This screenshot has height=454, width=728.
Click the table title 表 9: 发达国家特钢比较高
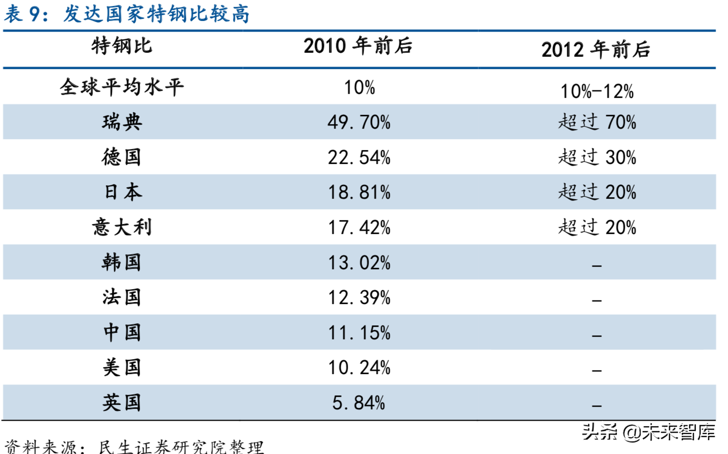pos(127,13)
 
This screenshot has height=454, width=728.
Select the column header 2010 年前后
pos(358,46)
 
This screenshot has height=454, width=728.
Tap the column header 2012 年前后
pos(595,50)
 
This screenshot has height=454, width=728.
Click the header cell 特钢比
pos(122,46)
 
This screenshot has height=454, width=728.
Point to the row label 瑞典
pos(122,122)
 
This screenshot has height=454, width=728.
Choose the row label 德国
pos(122,157)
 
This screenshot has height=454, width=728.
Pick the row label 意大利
pos(122,227)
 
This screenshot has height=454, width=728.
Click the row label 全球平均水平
pos(122,87)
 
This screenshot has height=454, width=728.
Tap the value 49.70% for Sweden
pos(359,122)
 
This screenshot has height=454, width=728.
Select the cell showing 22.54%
pos(359,157)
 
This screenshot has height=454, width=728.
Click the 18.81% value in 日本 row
pos(359,192)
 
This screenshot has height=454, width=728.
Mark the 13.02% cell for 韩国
pos(359,263)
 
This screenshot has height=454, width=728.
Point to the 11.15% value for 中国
pos(359,333)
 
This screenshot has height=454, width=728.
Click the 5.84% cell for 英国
pos(359,403)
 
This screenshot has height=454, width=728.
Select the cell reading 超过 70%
pos(596,122)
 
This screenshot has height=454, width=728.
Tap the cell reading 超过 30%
pos(596,157)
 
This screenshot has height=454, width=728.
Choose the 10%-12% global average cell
pos(596,91)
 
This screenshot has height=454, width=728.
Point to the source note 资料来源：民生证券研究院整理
pos(134,447)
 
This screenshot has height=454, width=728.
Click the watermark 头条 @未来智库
pos(648,432)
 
